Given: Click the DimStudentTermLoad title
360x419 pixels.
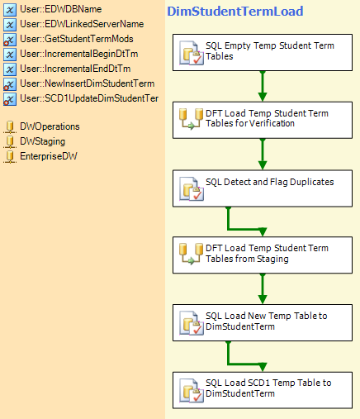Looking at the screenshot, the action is click(x=235, y=12).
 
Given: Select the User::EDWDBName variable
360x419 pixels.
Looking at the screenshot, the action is click(x=61, y=9).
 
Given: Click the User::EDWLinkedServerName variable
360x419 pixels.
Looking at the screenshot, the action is click(x=82, y=24).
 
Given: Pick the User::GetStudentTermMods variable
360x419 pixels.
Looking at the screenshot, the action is click(x=77, y=39).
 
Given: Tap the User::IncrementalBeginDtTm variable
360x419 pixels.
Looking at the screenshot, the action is click(x=79, y=54).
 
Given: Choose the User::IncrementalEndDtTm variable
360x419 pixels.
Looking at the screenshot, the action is click(x=75, y=69).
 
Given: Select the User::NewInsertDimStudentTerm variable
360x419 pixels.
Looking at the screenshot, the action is click(x=87, y=83).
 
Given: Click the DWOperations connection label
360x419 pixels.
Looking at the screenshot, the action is click(x=50, y=126).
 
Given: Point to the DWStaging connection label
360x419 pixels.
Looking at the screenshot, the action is click(x=43, y=141).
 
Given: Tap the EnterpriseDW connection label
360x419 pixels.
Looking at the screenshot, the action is click(x=49, y=156).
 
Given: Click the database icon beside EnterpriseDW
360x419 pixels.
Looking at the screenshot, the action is click(x=10, y=156).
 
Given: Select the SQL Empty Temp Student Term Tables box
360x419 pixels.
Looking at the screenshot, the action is click(x=263, y=52).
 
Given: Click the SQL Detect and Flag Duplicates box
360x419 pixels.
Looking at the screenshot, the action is click(x=263, y=188).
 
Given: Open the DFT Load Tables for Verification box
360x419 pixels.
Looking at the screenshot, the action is click(x=263, y=120).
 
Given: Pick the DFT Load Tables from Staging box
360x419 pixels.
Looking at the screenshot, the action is click(x=263, y=255).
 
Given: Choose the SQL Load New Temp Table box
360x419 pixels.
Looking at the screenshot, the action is click(x=263, y=322).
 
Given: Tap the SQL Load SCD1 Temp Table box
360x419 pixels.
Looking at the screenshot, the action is click(x=263, y=390).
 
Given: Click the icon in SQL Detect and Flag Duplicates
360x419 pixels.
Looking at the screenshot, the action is click(x=192, y=188).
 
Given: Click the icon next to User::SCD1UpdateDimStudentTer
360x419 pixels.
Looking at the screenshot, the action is click(x=10, y=99).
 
